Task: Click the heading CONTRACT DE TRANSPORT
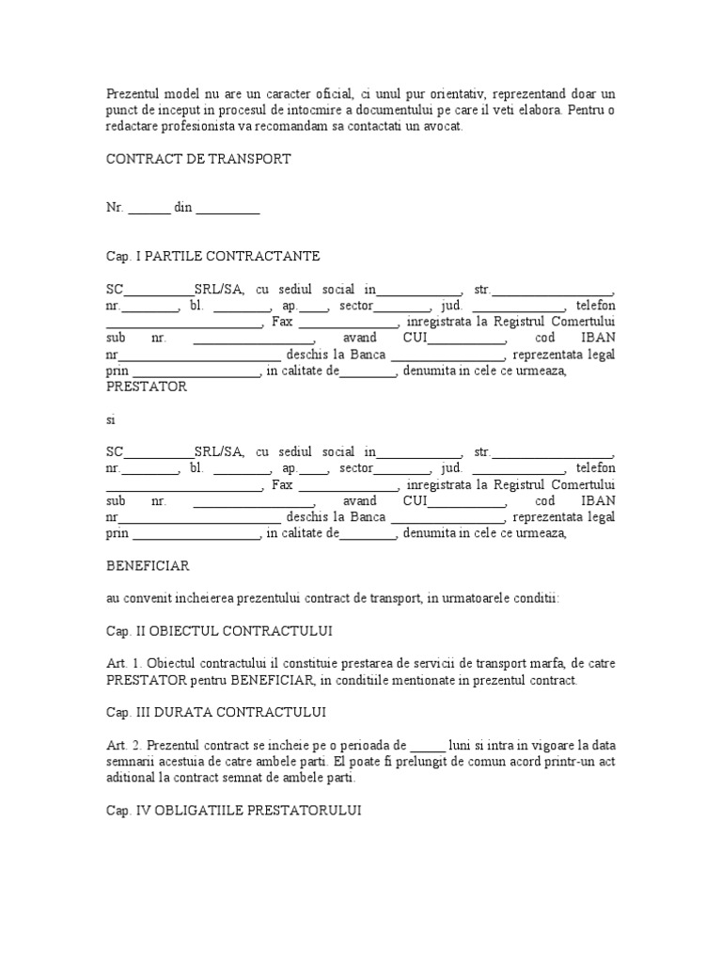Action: (198, 159)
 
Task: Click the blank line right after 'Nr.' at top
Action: (149, 208)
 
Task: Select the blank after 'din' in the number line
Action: (228, 208)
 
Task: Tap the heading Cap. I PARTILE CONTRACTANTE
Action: (212, 256)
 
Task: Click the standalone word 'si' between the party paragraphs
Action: (110, 419)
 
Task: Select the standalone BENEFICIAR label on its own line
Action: (148, 565)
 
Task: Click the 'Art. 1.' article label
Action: (123, 663)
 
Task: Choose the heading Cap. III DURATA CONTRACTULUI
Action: (216, 711)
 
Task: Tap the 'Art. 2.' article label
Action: (123, 745)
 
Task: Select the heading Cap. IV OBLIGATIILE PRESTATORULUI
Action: (233, 810)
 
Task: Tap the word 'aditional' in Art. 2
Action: (131, 778)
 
